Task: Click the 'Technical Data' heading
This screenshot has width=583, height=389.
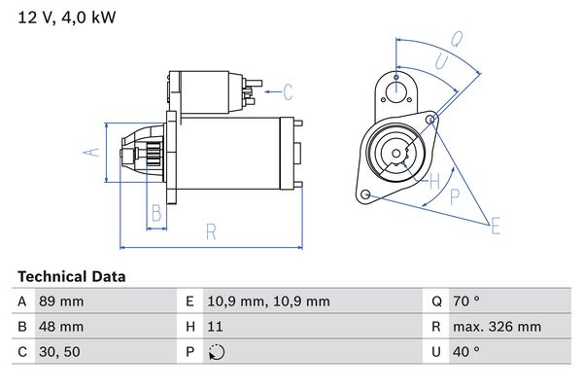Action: click(x=71, y=276)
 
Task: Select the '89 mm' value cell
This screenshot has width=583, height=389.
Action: click(x=60, y=302)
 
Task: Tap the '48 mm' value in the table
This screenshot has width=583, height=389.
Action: click(x=60, y=327)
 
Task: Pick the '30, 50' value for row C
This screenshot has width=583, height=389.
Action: click(x=58, y=352)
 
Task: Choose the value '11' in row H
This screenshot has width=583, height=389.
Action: click(x=215, y=327)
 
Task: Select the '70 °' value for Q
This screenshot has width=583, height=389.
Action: click(x=468, y=302)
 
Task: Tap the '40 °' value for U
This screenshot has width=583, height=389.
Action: click(x=468, y=352)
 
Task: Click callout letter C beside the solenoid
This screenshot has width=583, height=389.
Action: click(x=288, y=92)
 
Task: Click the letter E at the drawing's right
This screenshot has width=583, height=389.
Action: click(x=496, y=227)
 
